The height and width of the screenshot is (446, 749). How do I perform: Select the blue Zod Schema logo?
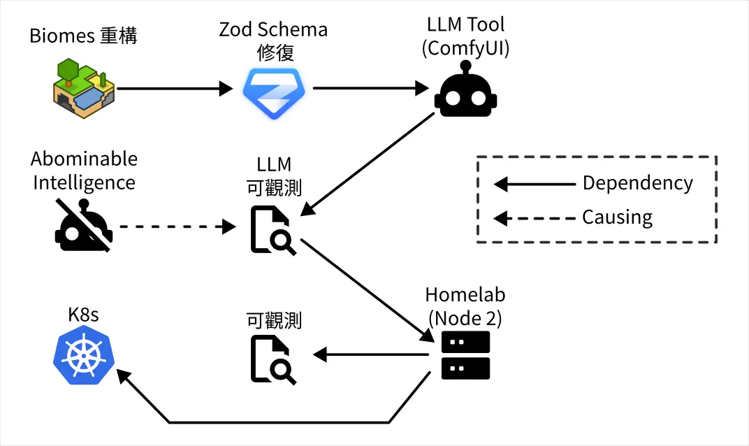pyautogui.click(x=273, y=92)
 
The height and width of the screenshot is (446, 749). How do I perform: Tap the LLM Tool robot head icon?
pyautogui.click(x=466, y=94)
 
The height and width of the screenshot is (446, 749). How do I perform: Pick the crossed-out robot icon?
pyautogui.click(x=83, y=227)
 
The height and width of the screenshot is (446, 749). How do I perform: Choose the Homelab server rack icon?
pyautogui.click(x=466, y=355)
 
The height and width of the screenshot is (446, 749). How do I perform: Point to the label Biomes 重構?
pyautogui.click(x=83, y=36)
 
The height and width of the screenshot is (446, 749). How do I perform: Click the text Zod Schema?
pyautogui.click(x=273, y=29)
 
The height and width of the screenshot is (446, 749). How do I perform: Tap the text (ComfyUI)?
pyautogui.click(x=466, y=49)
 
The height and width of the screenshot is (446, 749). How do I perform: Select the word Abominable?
pyautogui.click(x=85, y=159)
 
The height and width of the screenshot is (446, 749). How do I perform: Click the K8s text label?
pyautogui.click(x=83, y=315)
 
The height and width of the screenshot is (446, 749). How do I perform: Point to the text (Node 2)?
pyautogui.click(x=465, y=318)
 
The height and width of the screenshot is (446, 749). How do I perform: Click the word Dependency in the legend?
pyautogui.click(x=637, y=183)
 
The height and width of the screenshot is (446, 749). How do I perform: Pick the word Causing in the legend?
pyautogui.click(x=617, y=217)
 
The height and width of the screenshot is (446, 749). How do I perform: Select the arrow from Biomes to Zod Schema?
pyautogui.click(x=175, y=88)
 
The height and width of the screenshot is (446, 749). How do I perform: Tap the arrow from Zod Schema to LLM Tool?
pyautogui.click(x=370, y=88)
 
